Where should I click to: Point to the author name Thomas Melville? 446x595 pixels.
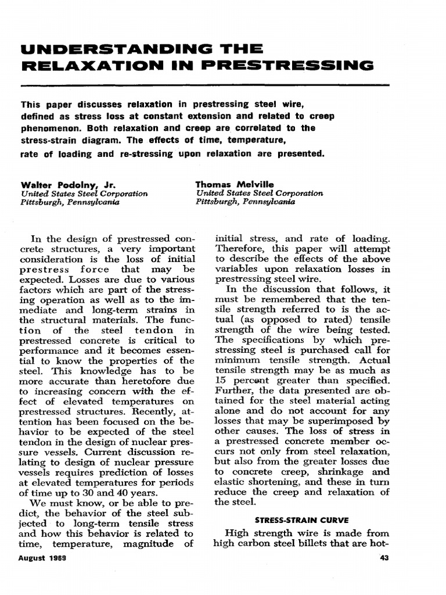click(x=235, y=185)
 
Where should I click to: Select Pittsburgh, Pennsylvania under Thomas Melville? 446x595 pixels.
click(x=246, y=202)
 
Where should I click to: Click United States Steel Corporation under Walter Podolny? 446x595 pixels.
click(x=84, y=193)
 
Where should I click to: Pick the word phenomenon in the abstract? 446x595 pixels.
click(x=50, y=127)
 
